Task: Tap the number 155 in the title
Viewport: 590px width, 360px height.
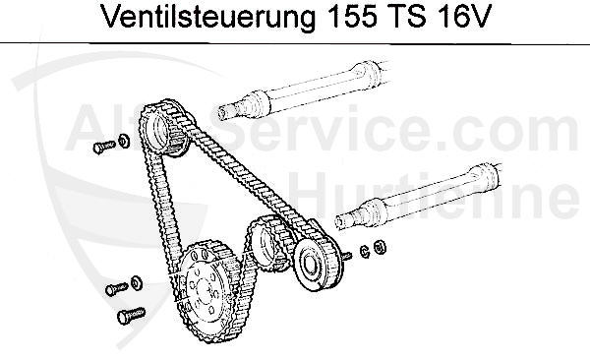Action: (344, 20)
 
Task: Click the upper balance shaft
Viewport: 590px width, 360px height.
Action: (315, 90)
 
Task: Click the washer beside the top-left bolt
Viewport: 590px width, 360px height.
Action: (123, 142)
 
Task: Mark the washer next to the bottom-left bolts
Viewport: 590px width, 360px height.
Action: (137, 284)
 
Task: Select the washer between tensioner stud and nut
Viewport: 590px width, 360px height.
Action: (365, 251)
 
